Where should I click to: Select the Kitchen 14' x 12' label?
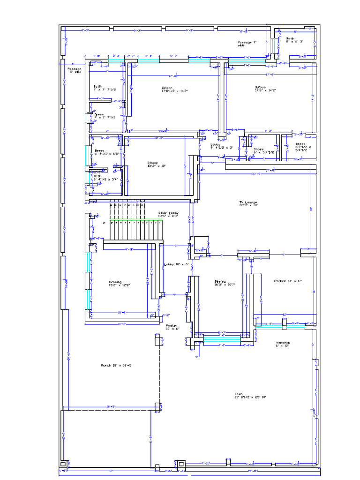[288, 281]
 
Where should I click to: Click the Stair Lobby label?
[168, 214]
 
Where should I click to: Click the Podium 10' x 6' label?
[171, 327]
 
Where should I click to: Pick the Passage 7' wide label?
[247, 44]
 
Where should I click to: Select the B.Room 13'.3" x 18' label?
[157, 164]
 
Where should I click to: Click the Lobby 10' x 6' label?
[176, 264]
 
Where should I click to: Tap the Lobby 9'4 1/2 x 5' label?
[221, 146]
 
